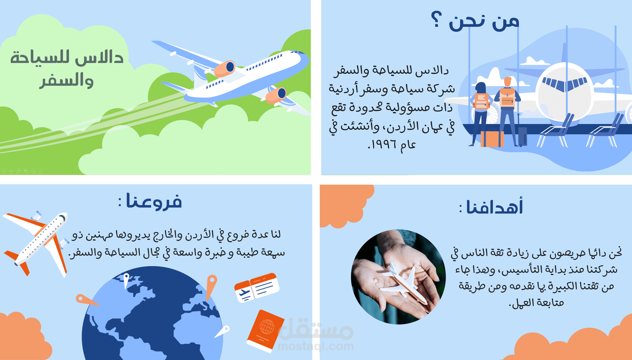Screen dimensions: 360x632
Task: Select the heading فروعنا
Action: tap(150, 201)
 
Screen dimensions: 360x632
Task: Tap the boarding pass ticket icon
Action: tap(256, 287)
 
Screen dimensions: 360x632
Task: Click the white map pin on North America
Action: tap(126, 280)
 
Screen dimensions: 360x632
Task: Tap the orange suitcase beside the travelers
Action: tap(492, 139)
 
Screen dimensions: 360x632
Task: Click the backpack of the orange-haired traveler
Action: tap(507, 97)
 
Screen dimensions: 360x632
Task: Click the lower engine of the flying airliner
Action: tap(276, 95)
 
